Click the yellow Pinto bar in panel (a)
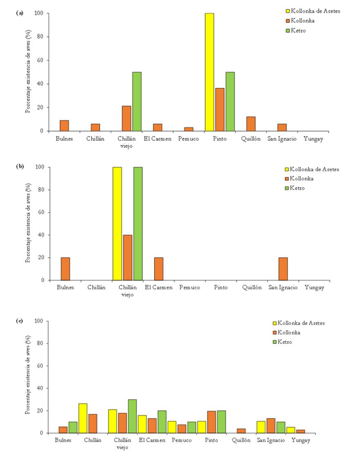[209, 72]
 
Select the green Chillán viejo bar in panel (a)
[136, 102]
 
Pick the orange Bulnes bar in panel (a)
[64, 126]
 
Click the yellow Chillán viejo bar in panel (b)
[117, 224]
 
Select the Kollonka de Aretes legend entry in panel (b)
[311, 169]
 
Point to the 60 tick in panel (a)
[41, 60]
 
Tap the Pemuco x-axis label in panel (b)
[190, 288]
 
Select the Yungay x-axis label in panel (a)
[314, 139]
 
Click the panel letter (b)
[20, 167]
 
